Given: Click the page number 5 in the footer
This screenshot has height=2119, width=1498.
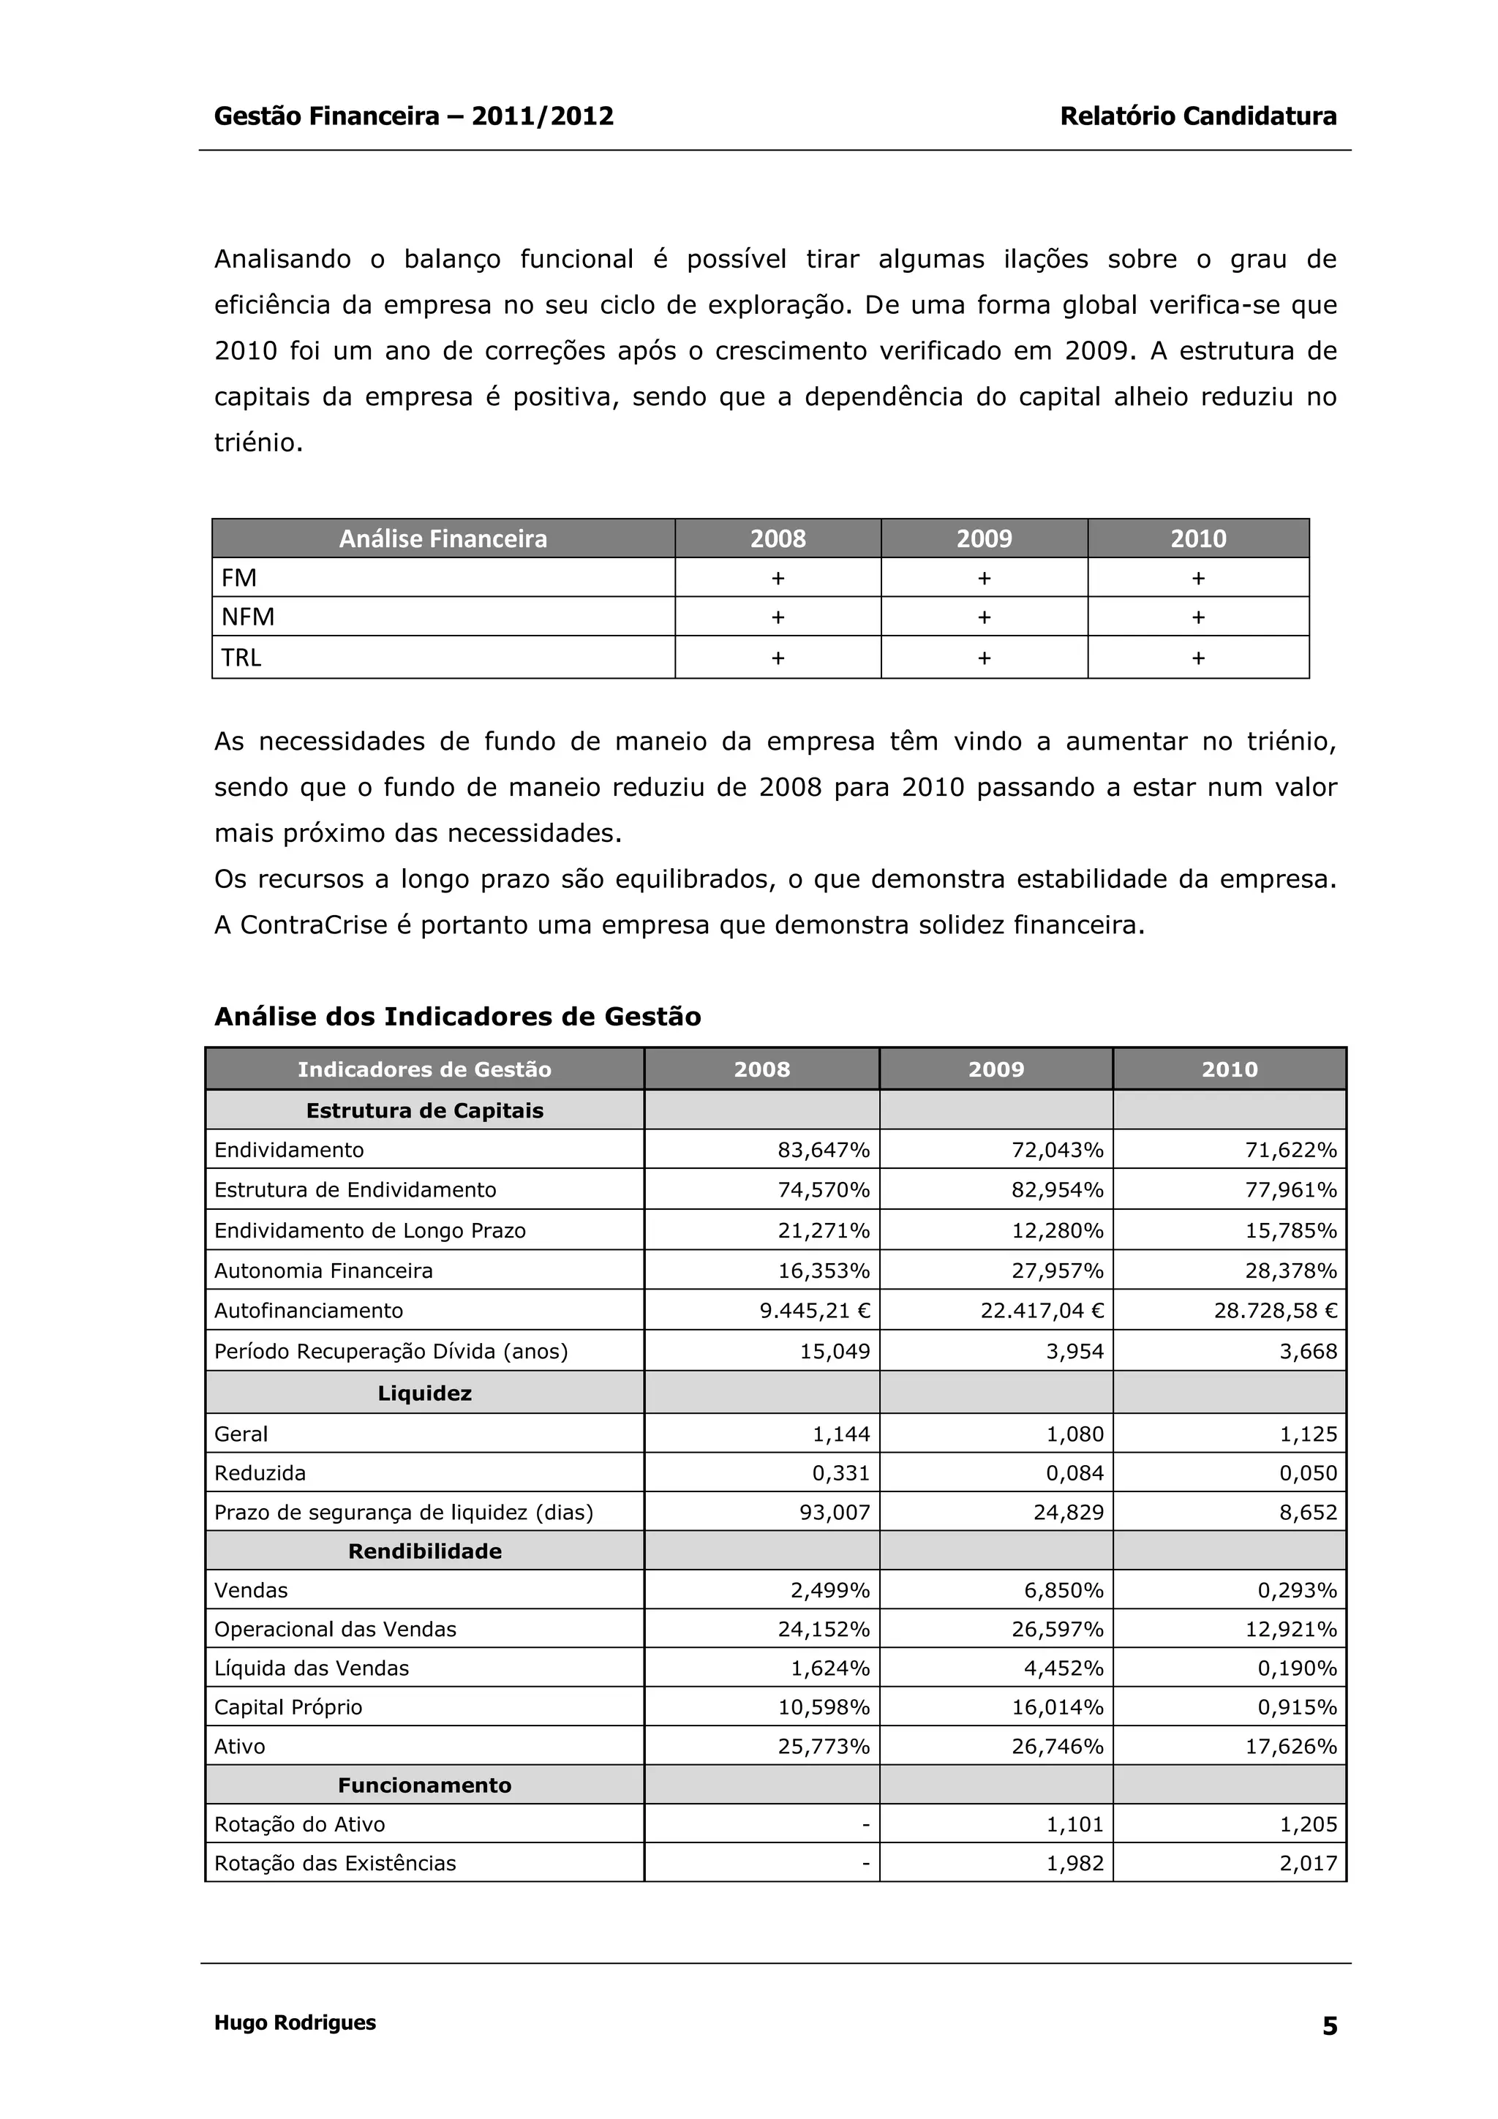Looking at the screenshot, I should click(x=1329, y=2026).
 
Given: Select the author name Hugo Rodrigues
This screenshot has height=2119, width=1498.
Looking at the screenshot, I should click(x=295, y=2022).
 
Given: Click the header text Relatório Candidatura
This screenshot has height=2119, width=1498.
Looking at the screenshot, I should click(x=1197, y=116).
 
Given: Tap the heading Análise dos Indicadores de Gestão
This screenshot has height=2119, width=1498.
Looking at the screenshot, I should click(x=457, y=1016).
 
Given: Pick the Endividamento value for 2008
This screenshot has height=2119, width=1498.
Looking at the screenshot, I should click(x=824, y=1150).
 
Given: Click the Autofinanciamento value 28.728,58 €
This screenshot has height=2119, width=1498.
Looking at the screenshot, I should click(x=1275, y=1311).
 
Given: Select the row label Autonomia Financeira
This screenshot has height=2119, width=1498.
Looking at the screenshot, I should click(x=323, y=1271).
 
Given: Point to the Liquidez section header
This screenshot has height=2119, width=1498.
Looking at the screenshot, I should click(x=424, y=1393).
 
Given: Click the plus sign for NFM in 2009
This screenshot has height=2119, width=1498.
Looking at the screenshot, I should click(x=984, y=617).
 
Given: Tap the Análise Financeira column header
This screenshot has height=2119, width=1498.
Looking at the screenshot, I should click(x=443, y=538).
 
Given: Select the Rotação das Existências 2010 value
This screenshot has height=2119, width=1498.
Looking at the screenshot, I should click(x=1308, y=1863).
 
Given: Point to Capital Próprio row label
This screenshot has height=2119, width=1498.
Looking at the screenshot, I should click(x=288, y=1707).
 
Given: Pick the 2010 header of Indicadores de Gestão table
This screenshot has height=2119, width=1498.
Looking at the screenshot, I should click(x=1230, y=1069).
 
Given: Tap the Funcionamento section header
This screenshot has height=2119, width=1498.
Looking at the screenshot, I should click(x=424, y=1785).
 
